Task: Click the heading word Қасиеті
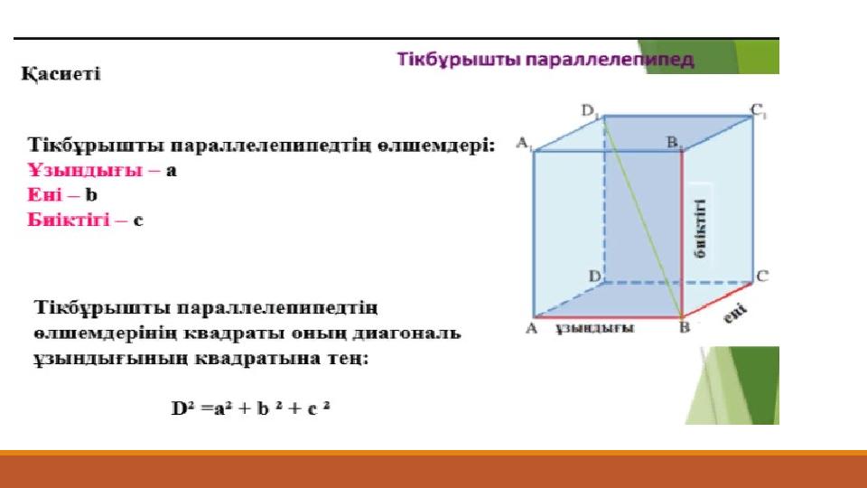pyautogui.click(x=61, y=74)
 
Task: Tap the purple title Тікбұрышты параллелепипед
pyautogui.click(x=545, y=60)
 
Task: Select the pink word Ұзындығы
pyautogui.click(x=85, y=170)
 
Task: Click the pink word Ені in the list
pyautogui.click(x=45, y=195)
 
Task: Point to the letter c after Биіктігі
pyautogui.click(x=138, y=221)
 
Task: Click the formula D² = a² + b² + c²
pyautogui.click(x=250, y=408)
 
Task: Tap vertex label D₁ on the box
pyautogui.click(x=590, y=110)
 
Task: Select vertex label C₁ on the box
pyautogui.click(x=759, y=110)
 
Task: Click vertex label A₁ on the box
pyautogui.click(x=524, y=144)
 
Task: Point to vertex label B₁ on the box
pyautogui.click(x=675, y=143)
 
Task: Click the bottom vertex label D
pyautogui.click(x=595, y=276)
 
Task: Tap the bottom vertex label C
pyautogui.click(x=762, y=277)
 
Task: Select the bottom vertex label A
pyautogui.click(x=531, y=328)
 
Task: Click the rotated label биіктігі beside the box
pyautogui.click(x=700, y=229)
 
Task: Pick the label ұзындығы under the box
pyautogui.click(x=595, y=328)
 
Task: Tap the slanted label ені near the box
pyautogui.click(x=735, y=314)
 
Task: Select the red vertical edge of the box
pyautogui.click(x=682, y=233)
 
